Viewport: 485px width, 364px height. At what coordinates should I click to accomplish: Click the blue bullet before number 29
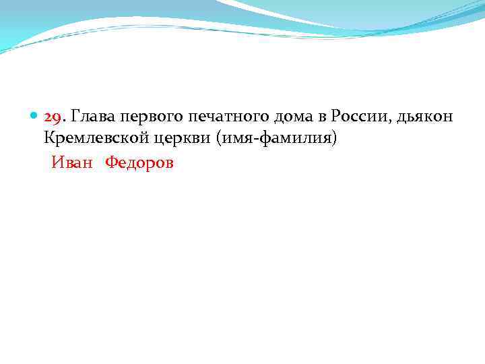coord(34,117)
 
